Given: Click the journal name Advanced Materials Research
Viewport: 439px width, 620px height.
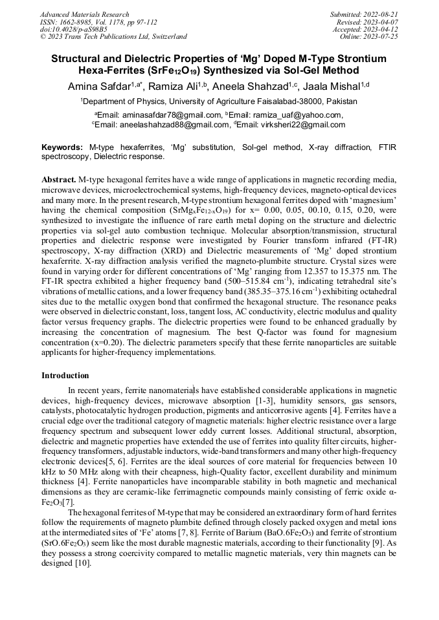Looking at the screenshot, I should [84, 14].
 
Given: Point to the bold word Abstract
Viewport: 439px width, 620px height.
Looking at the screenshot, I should [59, 178].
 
